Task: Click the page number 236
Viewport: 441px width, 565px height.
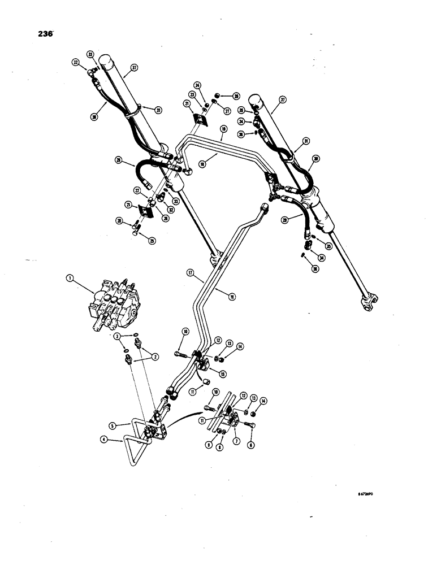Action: point(44,33)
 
